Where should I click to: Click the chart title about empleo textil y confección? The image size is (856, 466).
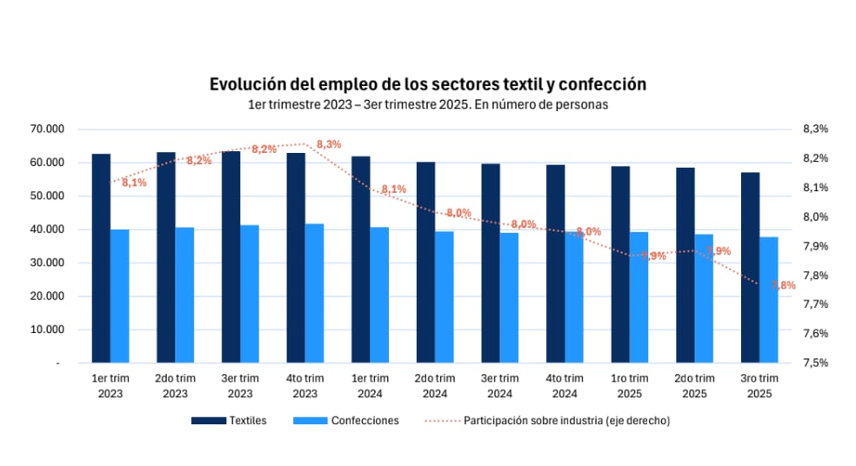click(427, 84)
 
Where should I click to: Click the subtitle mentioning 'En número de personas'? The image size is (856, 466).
click(427, 104)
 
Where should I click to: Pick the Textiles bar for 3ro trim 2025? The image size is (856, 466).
click(750, 267)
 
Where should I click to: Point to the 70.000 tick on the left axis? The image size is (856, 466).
click(47, 129)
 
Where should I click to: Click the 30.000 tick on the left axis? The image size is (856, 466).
click(47, 263)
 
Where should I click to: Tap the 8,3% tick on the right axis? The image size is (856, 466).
click(815, 129)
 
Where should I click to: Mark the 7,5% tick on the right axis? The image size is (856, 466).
click(815, 363)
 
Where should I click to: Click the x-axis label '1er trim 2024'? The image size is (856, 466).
click(370, 385)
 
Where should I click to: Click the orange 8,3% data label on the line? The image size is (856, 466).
click(329, 144)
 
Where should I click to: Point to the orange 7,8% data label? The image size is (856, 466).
click(783, 285)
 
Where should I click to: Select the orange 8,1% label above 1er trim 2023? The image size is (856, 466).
click(134, 183)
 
